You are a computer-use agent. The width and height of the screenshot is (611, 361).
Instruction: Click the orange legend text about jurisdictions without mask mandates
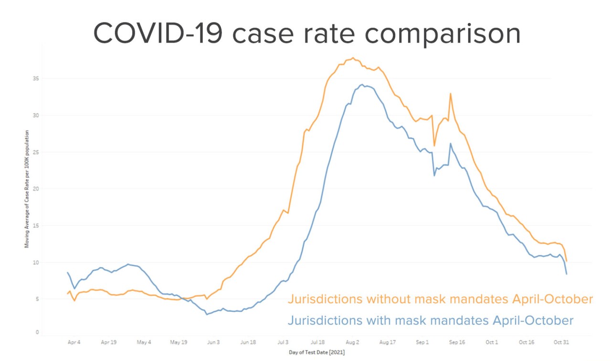click(440, 299)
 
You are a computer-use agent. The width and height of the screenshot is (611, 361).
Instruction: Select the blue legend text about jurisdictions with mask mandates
click(430, 320)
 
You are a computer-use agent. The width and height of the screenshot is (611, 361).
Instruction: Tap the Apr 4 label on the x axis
click(74, 342)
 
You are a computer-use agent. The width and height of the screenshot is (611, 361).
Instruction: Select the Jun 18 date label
click(248, 342)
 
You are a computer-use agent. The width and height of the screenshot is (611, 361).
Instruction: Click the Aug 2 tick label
click(353, 342)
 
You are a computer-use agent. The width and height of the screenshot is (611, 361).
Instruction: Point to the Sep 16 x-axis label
click(457, 342)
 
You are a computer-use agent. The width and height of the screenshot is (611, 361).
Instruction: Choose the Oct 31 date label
click(561, 342)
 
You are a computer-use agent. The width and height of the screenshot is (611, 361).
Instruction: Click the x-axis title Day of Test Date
click(316, 353)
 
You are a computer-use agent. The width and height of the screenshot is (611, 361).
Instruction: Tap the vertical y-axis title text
click(27, 189)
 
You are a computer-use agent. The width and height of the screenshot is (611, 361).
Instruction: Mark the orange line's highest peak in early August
click(353, 58)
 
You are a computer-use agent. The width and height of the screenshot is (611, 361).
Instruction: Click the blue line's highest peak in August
click(362, 85)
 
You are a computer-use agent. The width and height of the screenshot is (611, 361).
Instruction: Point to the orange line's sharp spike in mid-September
click(450, 94)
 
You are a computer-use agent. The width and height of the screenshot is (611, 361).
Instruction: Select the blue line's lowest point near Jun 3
click(207, 314)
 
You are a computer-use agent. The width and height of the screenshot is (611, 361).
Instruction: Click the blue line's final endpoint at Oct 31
click(567, 274)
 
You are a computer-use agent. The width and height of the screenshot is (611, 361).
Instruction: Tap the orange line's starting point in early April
click(67, 294)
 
